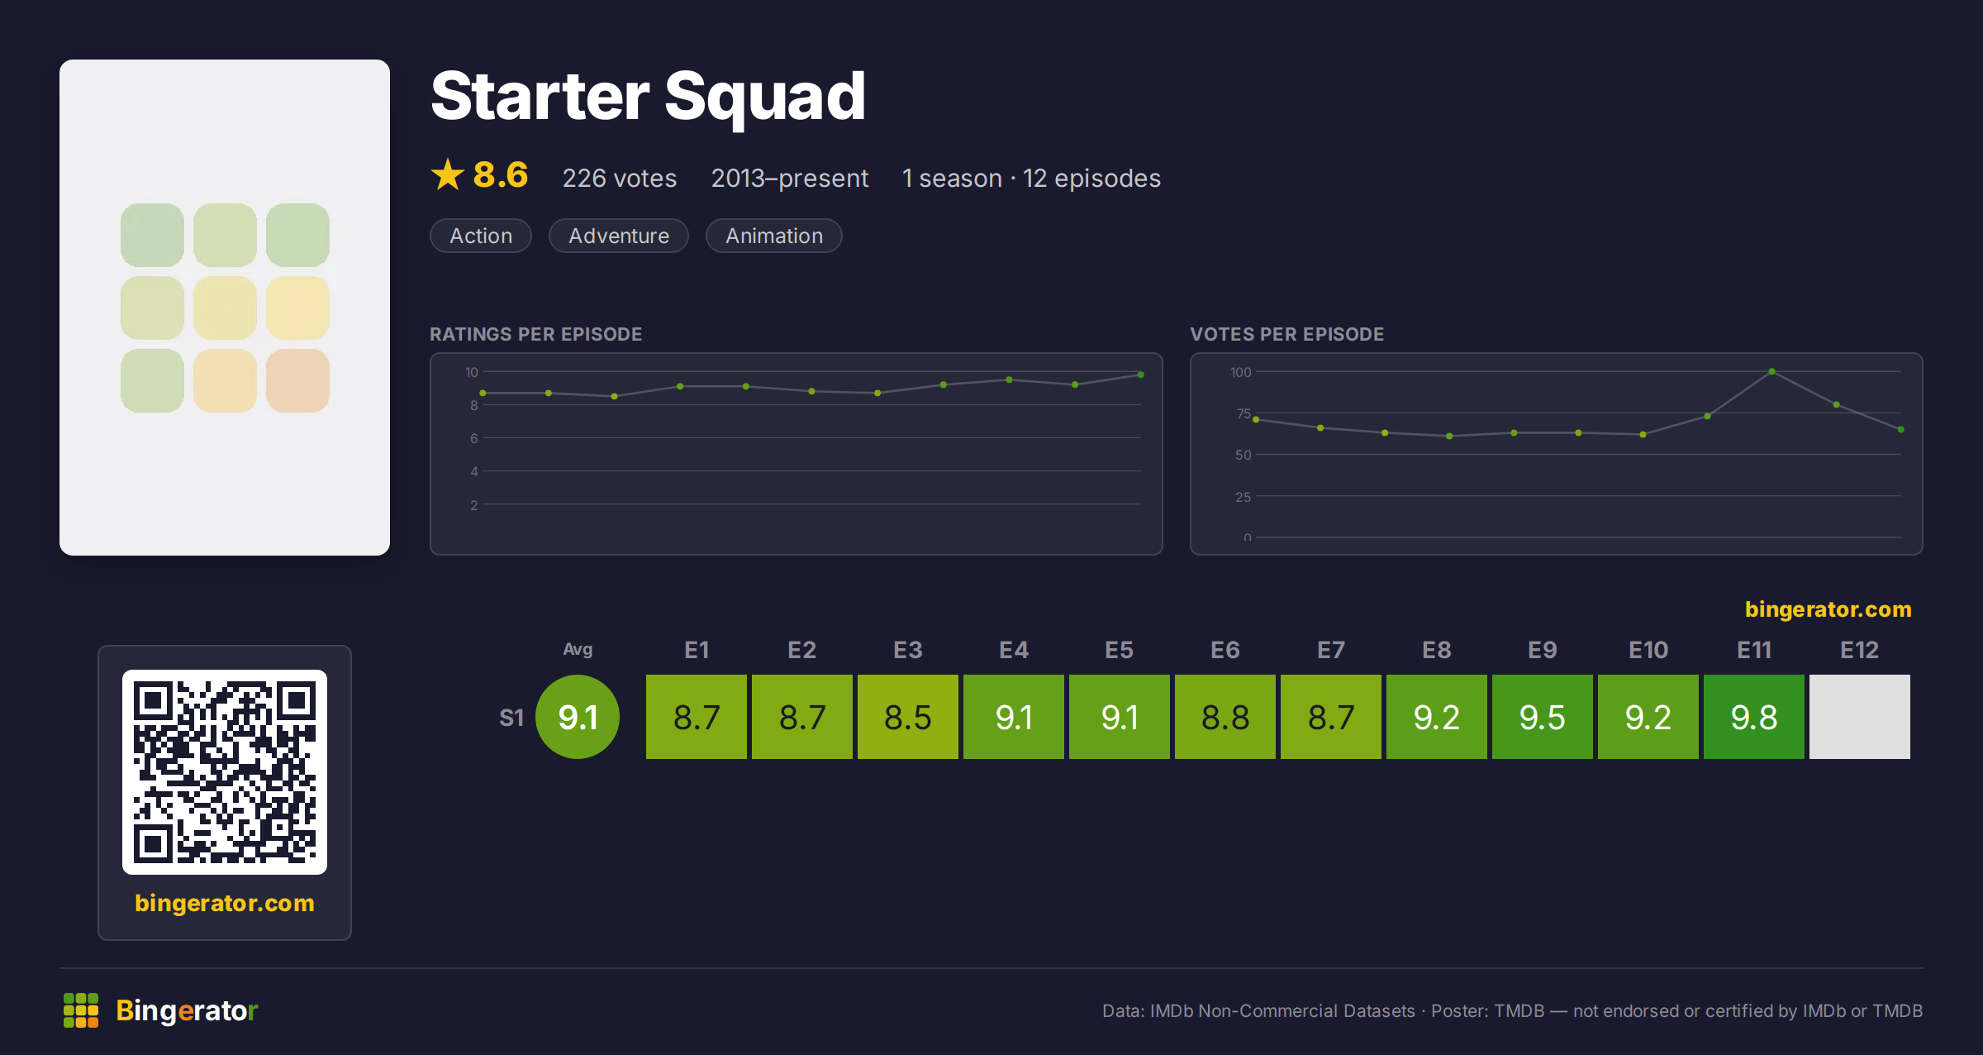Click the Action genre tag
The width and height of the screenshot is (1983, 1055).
[x=481, y=236]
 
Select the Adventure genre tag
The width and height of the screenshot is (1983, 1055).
[x=619, y=236]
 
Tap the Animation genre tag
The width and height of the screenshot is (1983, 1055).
[x=774, y=236]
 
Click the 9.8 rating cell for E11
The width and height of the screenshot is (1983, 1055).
[x=1754, y=717]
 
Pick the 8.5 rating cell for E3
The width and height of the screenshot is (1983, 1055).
[x=908, y=717]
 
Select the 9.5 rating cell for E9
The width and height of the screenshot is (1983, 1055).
[x=1543, y=717]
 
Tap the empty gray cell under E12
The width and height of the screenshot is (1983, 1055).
[x=1860, y=717]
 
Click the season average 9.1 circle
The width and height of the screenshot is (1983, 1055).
[x=578, y=717]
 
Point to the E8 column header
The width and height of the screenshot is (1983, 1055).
[x=1437, y=650]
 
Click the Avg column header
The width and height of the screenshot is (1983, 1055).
[x=578, y=649]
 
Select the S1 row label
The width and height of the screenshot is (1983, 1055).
[x=511, y=718]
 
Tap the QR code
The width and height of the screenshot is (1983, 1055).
[x=225, y=772]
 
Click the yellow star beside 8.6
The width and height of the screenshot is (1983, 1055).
[x=448, y=174]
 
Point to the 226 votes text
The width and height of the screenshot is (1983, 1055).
[x=620, y=179]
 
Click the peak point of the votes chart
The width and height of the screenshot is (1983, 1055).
[x=1771, y=372]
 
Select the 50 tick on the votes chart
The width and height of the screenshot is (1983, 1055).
[x=1243, y=455]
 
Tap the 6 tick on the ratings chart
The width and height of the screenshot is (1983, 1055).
[x=474, y=438]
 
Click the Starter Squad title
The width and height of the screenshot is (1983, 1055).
[x=649, y=98]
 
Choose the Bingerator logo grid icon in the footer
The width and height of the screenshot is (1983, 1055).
[x=81, y=1010]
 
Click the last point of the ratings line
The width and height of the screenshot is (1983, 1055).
[x=1141, y=375]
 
